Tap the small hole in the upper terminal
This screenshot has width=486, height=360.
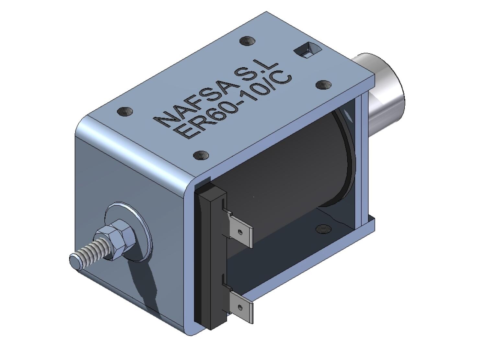point(240,232)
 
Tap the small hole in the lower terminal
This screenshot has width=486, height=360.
point(240,307)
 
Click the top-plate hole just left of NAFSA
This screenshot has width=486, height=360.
point(125,112)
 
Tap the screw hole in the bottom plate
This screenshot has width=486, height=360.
point(323,229)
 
